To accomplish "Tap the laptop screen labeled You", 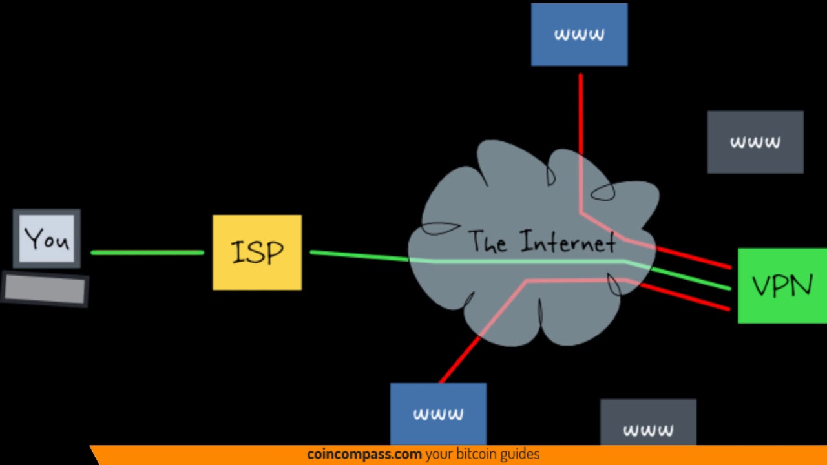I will point(47,238).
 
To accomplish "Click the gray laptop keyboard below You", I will point(45,289).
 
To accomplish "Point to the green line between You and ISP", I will point(147,253).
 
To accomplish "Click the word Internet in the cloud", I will point(568,242).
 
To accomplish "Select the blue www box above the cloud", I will point(579,34).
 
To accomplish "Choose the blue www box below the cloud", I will point(438,413).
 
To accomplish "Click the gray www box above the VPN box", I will point(755,141).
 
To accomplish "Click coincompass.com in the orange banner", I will point(364,455).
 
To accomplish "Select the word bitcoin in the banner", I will point(478,455).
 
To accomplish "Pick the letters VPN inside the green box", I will point(782,285).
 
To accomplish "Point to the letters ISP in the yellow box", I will point(257,252).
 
